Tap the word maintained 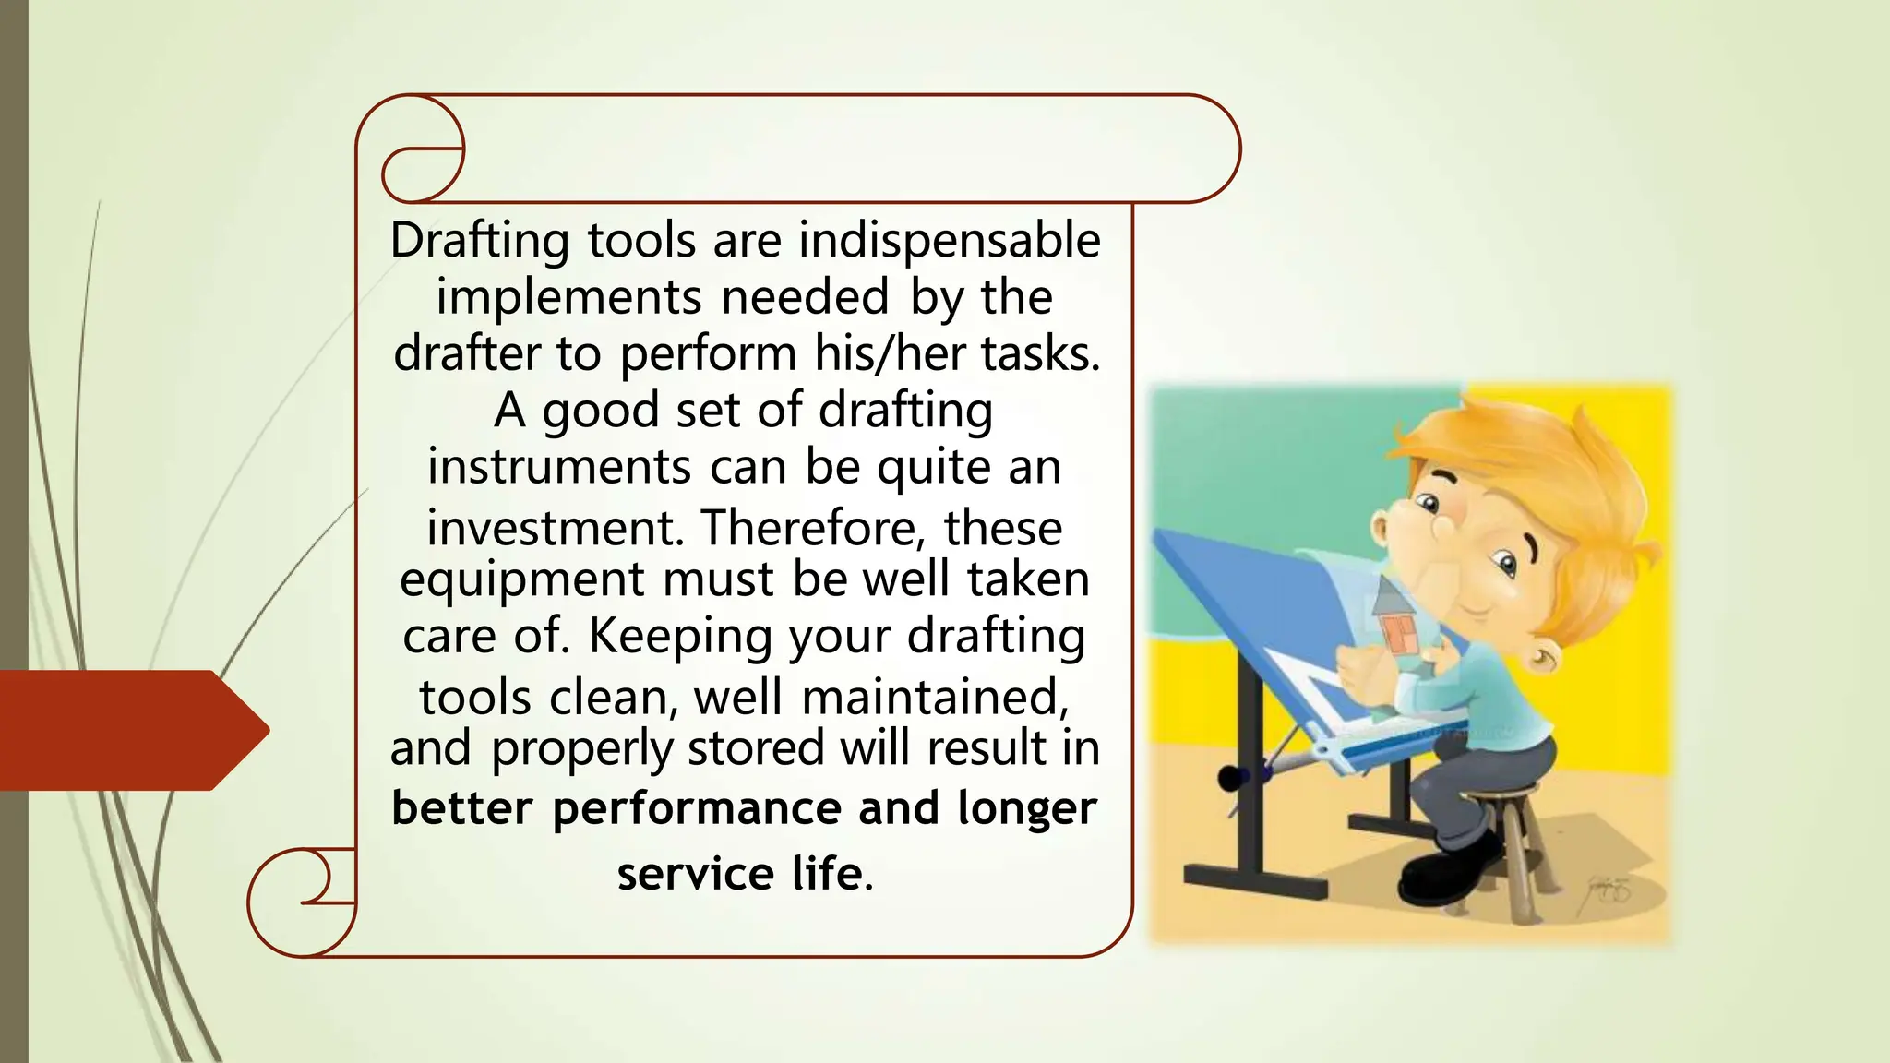click(934, 697)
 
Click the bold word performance click(697, 808)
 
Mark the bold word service click(695, 873)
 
